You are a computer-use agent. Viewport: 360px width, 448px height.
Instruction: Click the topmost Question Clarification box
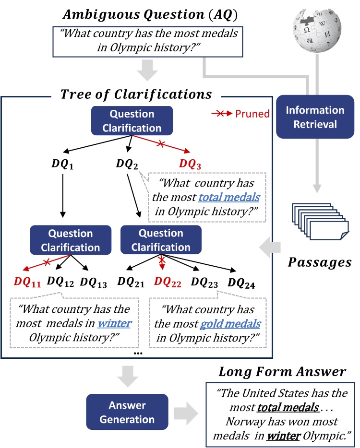(132, 121)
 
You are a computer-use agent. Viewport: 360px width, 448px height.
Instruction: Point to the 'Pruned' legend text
(252, 114)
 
